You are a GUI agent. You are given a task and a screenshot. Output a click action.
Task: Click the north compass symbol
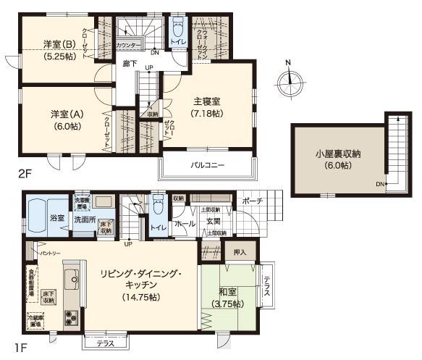288,78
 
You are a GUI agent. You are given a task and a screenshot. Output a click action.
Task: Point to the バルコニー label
207,165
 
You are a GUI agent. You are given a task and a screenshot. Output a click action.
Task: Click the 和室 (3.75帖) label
227,297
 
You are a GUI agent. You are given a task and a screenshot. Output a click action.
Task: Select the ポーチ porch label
251,201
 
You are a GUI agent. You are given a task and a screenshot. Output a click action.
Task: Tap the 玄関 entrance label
215,222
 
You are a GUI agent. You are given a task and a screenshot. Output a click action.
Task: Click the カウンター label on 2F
128,45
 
